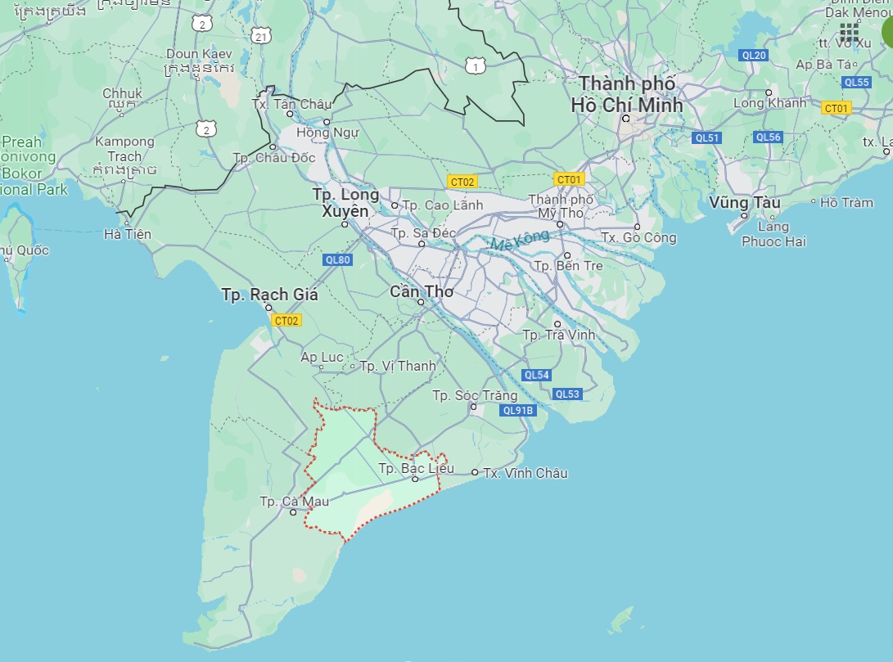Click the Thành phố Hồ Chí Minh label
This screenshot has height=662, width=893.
click(x=627, y=94)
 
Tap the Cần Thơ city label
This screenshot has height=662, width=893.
click(x=422, y=291)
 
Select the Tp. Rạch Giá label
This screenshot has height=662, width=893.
click(x=269, y=295)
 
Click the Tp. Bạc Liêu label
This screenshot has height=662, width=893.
click(x=416, y=469)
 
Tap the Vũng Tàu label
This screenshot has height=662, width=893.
click(x=744, y=202)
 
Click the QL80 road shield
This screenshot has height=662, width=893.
click(x=337, y=260)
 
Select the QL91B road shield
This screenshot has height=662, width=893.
click(x=518, y=411)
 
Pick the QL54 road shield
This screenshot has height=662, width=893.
click(x=537, y=375)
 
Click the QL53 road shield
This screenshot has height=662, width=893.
click(x=566, y=394)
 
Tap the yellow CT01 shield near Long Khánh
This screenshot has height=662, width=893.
click(x=837, y=108)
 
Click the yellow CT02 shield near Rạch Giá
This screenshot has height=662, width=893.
click(x=287, y=321)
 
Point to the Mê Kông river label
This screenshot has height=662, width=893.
click(x=512, y=243)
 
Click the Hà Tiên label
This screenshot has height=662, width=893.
click(x=128, y=234)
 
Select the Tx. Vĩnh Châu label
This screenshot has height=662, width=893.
click(x=525, y=473)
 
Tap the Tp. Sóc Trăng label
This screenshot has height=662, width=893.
click(x=475, y=396)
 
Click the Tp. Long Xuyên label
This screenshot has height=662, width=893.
click(x=345, y=203)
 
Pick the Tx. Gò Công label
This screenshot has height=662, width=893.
click(x=638, y=237)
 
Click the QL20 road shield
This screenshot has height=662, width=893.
click(x=753, y=55)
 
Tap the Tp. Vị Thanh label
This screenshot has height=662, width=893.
click(x=397, y=366)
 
